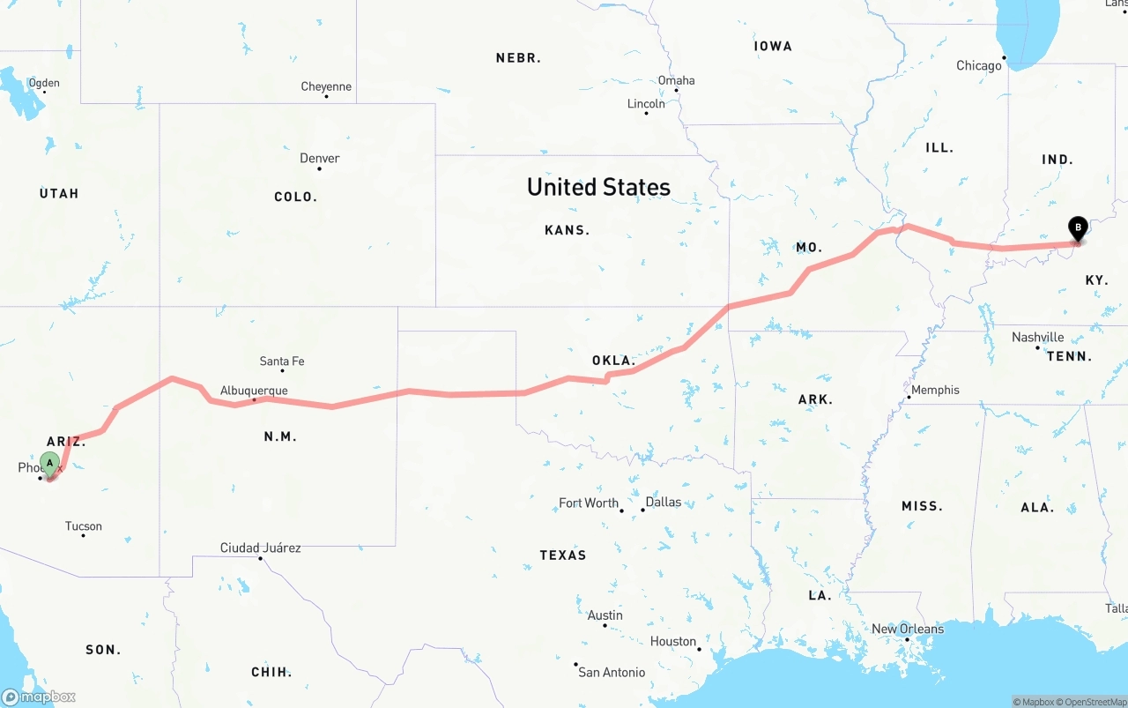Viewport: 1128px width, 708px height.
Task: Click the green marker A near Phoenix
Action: click(x=50, y=462)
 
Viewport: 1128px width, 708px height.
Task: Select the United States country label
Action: click(x=598, y=187)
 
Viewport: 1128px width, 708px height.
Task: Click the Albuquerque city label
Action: click(x=254, y=391)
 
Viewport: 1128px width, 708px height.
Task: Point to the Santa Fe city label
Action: click(x=282, y=361)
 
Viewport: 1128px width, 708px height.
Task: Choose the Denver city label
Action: click(x=319, y=159)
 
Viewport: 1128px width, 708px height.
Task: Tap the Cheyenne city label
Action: click(x=326, y=86)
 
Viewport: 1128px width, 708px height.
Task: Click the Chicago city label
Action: click(x=979, y=65)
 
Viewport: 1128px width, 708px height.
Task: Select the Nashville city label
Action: click(x=1037, y=338)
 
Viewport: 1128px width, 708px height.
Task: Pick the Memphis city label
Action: click(x=935, y=390)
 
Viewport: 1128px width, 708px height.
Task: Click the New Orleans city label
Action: click(x=908, y=629)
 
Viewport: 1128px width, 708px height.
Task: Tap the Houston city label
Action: click(x=673, y=642)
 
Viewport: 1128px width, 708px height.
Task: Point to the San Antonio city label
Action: click(x=612, y=672)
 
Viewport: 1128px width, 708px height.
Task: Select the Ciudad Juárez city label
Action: click(x=260, y=548)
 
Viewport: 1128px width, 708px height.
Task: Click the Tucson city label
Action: click(x=84, y=526)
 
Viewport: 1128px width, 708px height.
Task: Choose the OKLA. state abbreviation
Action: click(x=613, y=361)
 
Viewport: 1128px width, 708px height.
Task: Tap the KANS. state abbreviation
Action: click(x=567, y=230)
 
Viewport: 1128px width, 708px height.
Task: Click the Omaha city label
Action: click(x=676, y=80)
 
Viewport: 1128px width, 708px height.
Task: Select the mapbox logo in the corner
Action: click(x=39, y=697)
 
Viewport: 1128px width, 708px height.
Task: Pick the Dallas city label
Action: click(x=663, y=502)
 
